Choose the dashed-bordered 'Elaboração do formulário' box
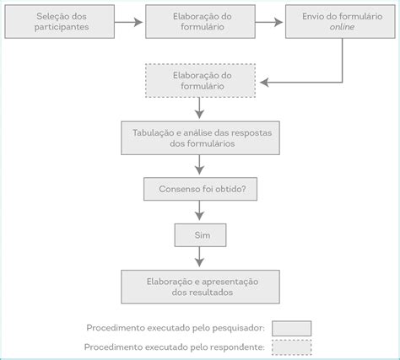point(200,82)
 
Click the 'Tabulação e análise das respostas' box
point(200,137)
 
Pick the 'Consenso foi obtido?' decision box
point(200,189)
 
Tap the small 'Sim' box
point(200,234)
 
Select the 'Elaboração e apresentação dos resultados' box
point(200,286)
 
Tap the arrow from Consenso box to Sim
point(200,212)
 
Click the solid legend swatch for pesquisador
point(292,328)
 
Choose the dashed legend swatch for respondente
point(292,347)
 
